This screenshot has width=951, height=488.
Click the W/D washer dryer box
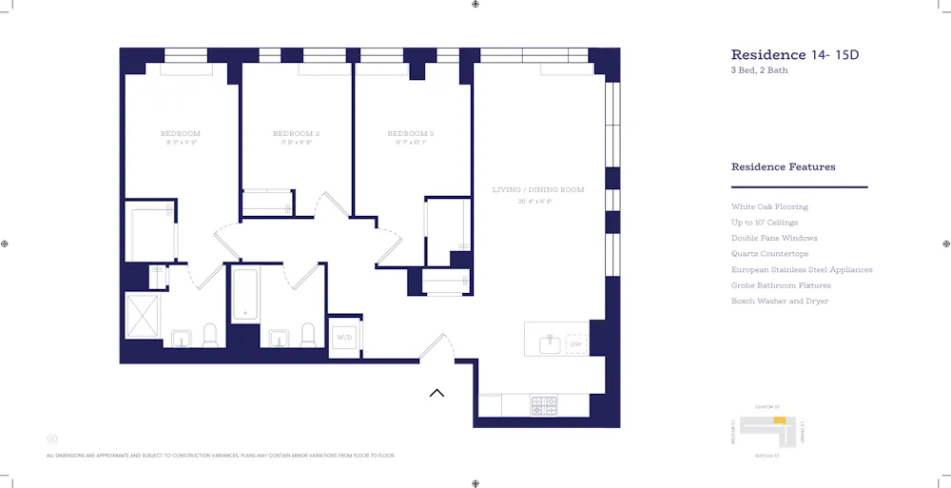(x=344, y=337)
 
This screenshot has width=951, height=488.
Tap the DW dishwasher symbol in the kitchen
(x=575, y=343)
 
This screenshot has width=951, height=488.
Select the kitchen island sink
(x=550, y=343)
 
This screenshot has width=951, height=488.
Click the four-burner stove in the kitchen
(x=544, y=405)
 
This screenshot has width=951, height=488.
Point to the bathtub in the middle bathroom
(x=245, y=295)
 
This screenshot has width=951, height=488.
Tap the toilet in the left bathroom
(x=210, y=335)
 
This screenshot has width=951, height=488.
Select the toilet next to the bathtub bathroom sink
(x=307, y=335)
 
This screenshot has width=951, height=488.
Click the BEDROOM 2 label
(x=296, y=133)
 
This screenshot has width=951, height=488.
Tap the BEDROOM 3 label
(x=411, y=133)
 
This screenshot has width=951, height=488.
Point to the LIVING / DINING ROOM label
(x=537, y=190)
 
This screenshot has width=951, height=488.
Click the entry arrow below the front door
(x=437, y=392)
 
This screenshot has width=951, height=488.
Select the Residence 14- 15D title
(x=794, y=55)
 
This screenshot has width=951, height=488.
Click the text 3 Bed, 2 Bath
(x=759, y=70)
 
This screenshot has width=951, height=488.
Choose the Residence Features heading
(x=783, y=166)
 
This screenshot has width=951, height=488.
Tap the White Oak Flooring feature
(x=769, y=206)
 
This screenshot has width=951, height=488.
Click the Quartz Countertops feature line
(x=769, y=254)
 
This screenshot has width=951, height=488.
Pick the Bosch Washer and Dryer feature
(x=779, y=301)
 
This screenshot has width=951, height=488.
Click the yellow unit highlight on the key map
(x=778, y=420)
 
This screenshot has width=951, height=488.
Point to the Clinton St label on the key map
(x=767, y=407)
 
